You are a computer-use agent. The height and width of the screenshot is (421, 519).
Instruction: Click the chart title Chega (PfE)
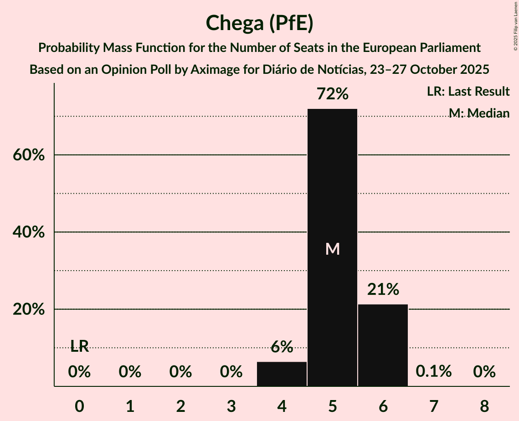(259, 23)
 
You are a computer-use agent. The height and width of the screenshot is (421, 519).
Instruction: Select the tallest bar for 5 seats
(332, 247)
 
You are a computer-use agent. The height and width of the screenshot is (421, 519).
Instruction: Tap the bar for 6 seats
(383, 345)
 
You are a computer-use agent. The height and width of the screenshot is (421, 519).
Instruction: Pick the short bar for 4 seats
(282, 374)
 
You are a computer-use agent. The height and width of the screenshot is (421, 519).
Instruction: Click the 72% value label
(333, 94)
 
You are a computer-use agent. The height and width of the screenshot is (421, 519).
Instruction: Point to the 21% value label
(383, 289)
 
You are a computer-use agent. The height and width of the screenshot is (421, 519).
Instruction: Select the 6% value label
(282, 347)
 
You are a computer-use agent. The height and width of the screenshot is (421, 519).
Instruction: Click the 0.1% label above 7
(433, 371)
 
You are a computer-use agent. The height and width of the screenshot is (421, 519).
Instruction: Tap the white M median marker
(333, 249)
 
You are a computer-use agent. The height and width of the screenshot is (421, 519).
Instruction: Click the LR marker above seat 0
(79, 347)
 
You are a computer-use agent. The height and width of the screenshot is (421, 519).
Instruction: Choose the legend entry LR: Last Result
(468, 92)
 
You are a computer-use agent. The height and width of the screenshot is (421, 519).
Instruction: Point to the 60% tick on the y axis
(28, 155)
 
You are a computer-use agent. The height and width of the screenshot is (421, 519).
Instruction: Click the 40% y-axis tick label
(28, 232)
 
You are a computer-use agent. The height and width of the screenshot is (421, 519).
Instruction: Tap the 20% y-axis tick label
(28, 309)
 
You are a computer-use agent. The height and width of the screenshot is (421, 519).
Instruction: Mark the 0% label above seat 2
(180, 372)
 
